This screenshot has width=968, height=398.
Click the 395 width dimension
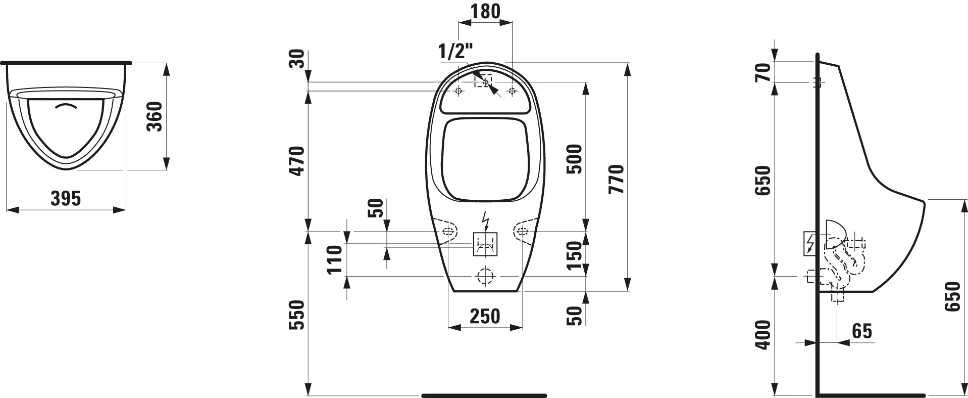tap(66, 198)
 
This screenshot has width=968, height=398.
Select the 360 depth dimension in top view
tap(155, 116)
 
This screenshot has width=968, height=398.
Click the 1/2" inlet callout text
tap(455, 51)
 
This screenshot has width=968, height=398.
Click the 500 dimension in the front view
tap(574, 159)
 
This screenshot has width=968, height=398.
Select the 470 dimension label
tap(297, 160)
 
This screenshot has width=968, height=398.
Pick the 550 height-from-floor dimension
tap(297, 315)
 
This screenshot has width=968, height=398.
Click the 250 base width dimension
tap(485, 316)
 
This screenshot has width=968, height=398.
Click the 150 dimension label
tap(574, 255)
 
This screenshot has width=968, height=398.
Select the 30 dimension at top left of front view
tap(297, 59)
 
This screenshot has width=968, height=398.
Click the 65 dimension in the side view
tap(861, 331)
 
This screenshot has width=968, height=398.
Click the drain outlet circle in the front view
tap(485, 276)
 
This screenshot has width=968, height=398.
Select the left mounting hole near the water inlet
tap(458, 92)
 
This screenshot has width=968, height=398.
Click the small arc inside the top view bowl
tap(67, 106)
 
